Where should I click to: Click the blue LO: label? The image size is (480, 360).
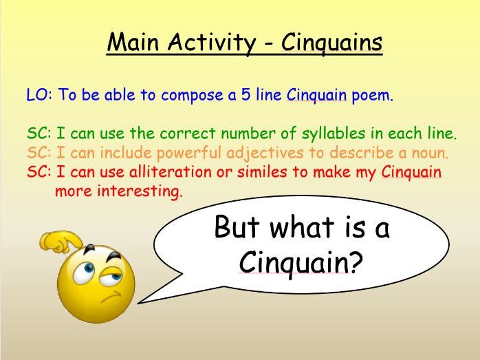click(x=39, y=95)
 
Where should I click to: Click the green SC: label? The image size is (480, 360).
click(x=39, y=134)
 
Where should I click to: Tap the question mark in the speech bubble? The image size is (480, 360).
click(x=356, y=262)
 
